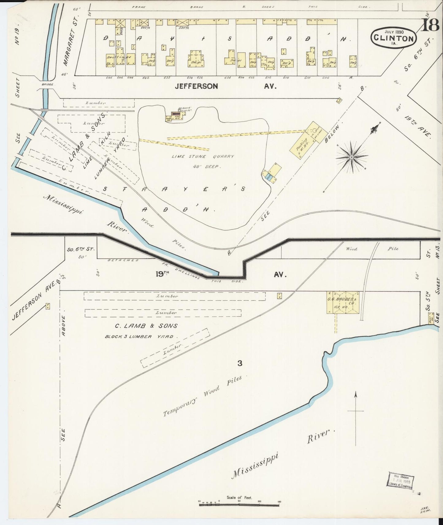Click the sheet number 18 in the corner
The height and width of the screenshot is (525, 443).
(x=431, y=25)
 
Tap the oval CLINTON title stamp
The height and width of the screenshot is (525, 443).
(x=394, y=38)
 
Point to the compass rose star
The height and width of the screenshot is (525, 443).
(x=352, y=157)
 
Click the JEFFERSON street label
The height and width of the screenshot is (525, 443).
(x=196, y=86)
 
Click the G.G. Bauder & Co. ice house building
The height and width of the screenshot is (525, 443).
(x=342, y=302)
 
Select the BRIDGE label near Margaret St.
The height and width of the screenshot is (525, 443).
(x=48, y=84)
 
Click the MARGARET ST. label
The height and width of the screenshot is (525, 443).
(x=69, y=46)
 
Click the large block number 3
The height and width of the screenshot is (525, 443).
(x=240, y=364)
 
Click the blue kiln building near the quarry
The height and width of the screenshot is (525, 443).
(x=269, y=178)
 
